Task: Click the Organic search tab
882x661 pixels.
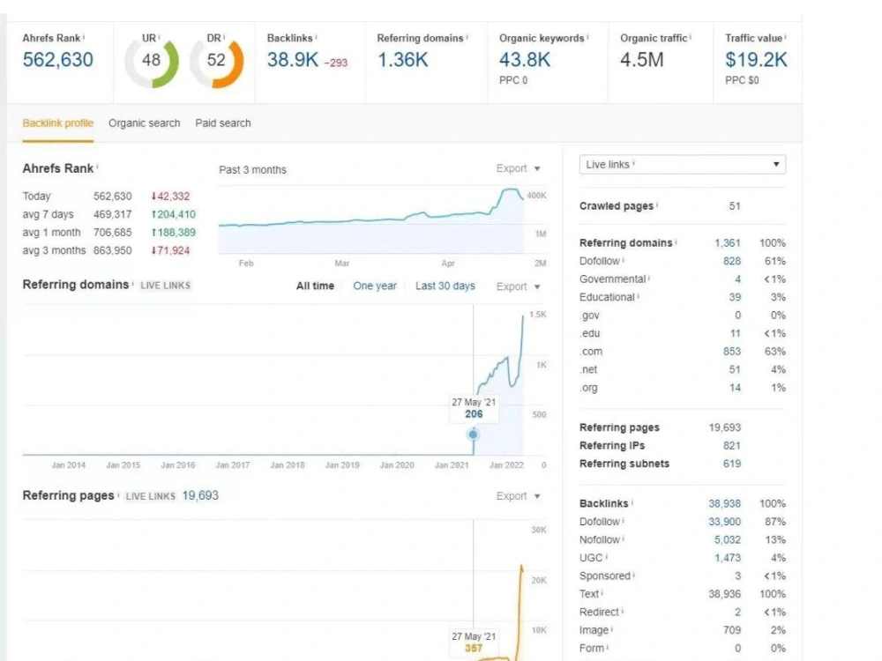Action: point(144,123)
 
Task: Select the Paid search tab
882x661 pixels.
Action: point(223,123)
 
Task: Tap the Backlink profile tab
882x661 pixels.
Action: point(58,123)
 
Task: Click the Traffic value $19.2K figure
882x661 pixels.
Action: point(756,60)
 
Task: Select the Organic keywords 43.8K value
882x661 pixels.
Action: point(524,60)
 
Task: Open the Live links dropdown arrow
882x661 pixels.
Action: point(776,165)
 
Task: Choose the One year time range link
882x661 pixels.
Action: point(375,286)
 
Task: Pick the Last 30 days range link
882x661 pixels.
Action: point(445,286)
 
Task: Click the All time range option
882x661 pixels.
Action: point(315,286)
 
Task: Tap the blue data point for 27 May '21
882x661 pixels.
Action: point(473,434)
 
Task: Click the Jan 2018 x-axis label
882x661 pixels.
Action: point(288,465)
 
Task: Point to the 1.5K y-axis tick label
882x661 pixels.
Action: point(538,315)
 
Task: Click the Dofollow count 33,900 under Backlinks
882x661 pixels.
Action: point(724,522)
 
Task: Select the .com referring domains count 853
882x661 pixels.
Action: point(732,352)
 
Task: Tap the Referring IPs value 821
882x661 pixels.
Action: point(732,446)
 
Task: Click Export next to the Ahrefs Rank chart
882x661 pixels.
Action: point(512,168)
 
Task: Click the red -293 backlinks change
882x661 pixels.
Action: point(336,63)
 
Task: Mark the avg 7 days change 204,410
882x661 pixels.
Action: point(174,214)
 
